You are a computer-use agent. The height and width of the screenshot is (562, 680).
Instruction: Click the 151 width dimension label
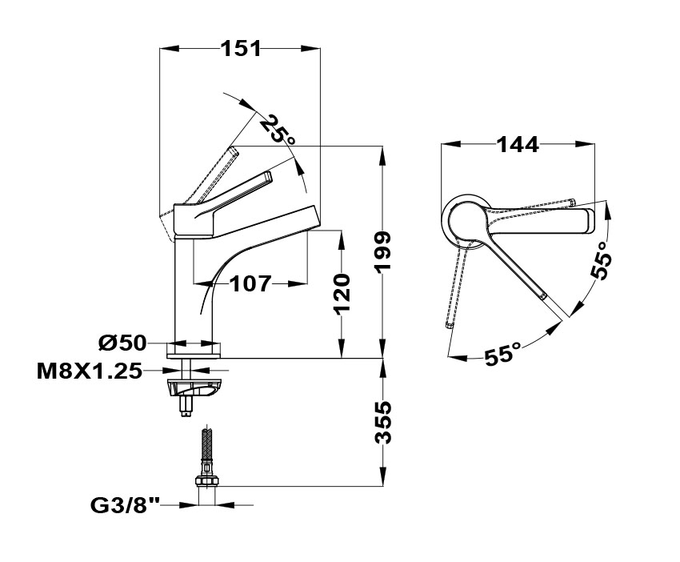point(241,49)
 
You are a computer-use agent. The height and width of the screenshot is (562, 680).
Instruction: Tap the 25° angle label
point(278,130)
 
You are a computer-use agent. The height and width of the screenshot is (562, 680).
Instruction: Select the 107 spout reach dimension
point(250,283)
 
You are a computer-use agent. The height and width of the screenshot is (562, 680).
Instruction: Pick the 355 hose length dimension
point(383,422)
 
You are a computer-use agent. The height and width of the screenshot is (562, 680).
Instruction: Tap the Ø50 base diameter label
point(122,343)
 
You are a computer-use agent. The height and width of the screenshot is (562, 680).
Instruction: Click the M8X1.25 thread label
point(89,371)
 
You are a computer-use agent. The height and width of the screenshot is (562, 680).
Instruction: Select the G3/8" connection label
point(126,505)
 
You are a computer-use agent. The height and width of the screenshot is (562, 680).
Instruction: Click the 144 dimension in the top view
point(518,145)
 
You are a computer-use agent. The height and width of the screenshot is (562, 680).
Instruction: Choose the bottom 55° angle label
point(501,353)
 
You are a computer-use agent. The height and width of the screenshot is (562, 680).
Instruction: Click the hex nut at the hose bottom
point(207,481)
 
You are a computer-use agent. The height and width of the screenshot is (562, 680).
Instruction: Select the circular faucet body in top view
point(466,219)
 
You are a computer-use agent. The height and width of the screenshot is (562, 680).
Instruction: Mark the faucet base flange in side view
point(193,349)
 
